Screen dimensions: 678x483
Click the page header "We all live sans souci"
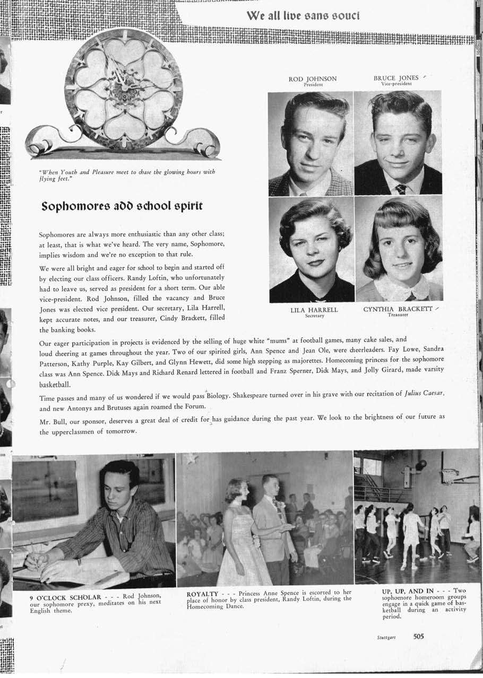tap(303, 15)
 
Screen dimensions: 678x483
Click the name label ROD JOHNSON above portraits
tap(312, 79)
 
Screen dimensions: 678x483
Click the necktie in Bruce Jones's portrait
tap(401, 189)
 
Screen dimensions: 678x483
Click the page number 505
tap(419, 637)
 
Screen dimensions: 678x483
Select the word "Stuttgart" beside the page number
tap(393, 638)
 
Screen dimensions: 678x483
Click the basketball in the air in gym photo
tap(421, 465)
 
